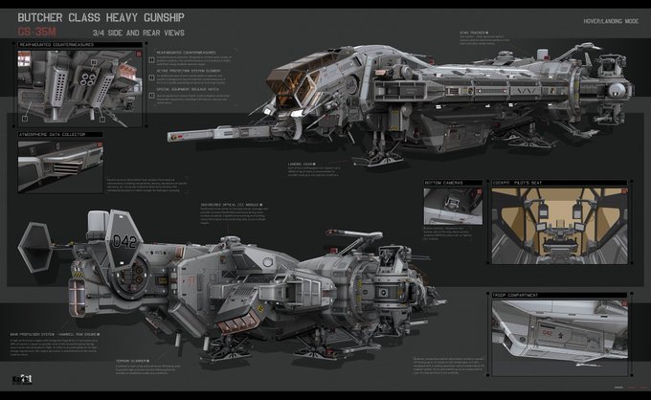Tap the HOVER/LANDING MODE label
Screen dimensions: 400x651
coord(601,20)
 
